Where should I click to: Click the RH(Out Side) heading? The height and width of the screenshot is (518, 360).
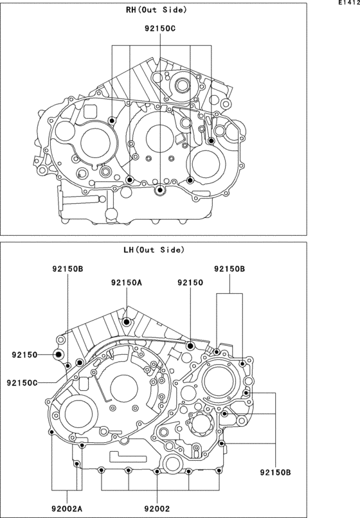click(x=156, y=10)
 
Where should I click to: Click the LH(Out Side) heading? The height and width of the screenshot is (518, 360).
click(x=154, y=250)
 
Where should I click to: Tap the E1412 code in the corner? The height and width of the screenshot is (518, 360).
click(x=349, y=3)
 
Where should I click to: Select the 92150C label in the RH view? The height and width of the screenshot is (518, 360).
click(x=160, y=28)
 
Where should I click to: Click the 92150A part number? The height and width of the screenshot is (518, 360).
click(x=127, y=282)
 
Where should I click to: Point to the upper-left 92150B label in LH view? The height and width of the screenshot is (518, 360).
click(x=67, y=269)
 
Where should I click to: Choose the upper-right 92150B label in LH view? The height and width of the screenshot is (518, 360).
click(x=230, y=269)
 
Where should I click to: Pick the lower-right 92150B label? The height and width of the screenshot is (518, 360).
click(x=275, y=472)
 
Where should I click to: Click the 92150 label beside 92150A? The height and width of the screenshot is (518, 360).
click(x=190, y=282)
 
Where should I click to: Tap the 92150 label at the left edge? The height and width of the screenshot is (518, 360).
click(x=25, y=355)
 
